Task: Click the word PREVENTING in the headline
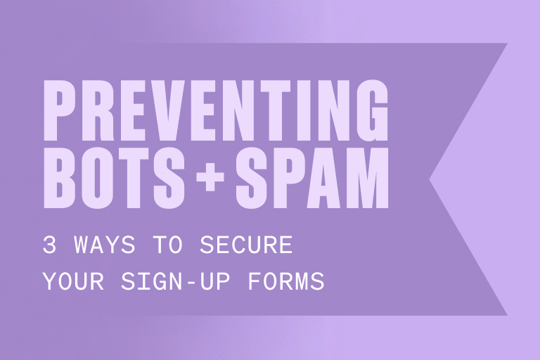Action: pyautogui.click(x=216, y=110)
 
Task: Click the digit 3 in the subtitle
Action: pyautogui.click(x=49, y=246)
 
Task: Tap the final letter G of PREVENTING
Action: pyautogui.click(x=370, y=110)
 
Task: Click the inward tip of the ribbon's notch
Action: pyautogui.click(x=430, y=179)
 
